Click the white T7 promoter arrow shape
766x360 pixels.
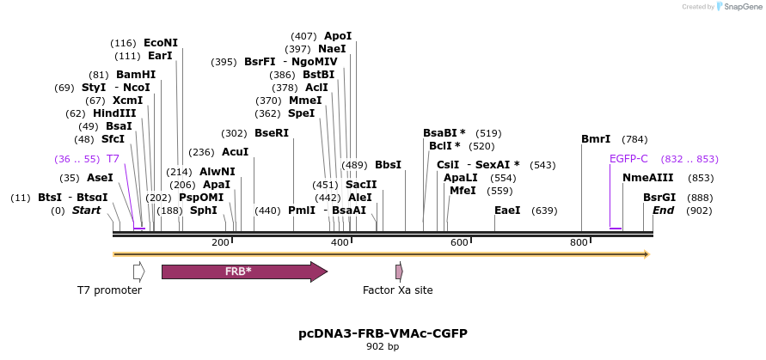coord(138,272)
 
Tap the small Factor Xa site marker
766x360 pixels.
coord(399,272)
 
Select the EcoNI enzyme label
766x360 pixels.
coord(161,43)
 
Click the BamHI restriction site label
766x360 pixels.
coord(136,75)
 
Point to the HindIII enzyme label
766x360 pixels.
coord(114,113)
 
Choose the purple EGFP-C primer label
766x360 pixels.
coord(628,159)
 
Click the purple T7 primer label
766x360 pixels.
coord(113,159)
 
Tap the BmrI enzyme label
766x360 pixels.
coord(596,139)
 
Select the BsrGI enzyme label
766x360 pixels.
coord(659,198)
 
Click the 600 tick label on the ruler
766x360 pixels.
coord(460,243)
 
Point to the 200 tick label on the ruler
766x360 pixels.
coord(220,243)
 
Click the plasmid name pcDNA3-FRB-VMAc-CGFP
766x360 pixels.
coord(383,333)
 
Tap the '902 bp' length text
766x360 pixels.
coord(383,347)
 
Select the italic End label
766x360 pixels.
coord(663,211)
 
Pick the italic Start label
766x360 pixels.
coord(86,211)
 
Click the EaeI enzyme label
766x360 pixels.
coord(507,211)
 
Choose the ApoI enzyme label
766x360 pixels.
coord(338,36)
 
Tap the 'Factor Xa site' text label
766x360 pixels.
coord(398,290)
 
